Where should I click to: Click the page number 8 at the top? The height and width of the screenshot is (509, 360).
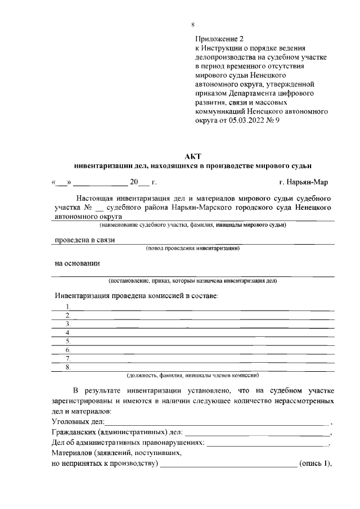[193, 25]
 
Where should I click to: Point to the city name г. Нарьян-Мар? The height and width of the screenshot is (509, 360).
[304, 182]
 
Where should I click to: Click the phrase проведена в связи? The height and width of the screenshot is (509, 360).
[84, 240]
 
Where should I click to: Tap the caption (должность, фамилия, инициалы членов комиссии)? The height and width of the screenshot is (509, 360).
[193, 375]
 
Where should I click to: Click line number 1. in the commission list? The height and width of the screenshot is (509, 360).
[67, 307]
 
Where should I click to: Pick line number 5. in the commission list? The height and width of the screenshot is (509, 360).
[67, 341]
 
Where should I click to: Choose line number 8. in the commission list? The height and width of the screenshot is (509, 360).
[67, 367]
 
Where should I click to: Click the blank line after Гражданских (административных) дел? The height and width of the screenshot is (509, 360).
[257, 434]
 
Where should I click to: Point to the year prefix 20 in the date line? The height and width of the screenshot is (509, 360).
[134, 182]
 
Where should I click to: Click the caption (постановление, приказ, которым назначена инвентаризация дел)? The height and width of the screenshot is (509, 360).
[193, 281]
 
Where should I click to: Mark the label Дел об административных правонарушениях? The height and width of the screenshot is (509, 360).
[128, 443]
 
